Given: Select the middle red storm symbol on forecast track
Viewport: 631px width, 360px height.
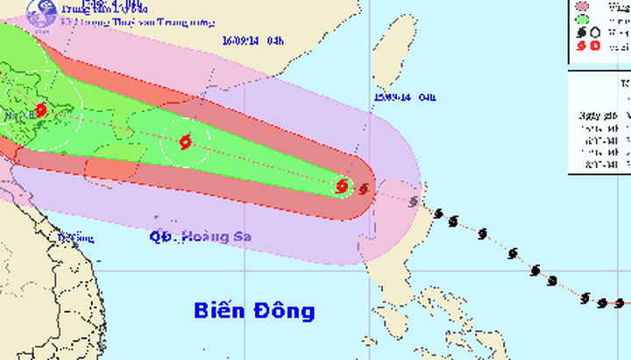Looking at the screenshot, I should tap(184, 142).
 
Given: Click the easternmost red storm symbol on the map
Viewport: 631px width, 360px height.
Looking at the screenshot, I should tap(343, 186).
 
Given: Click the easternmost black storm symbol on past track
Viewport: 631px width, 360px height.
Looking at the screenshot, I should tap(620, 302).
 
